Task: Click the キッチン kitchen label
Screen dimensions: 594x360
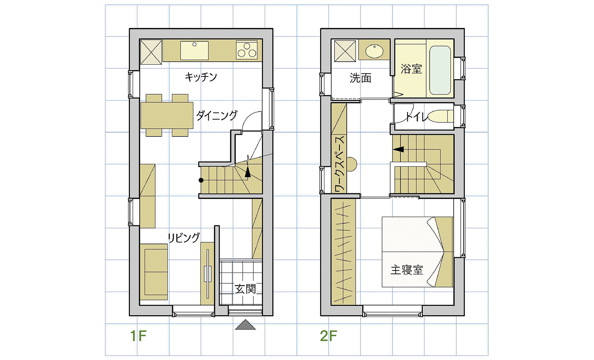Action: (201, 77)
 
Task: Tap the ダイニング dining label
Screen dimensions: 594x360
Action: (217, 115)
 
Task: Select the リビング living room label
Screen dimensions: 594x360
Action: (184, 238)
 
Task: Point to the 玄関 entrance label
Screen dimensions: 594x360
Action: (245, 289)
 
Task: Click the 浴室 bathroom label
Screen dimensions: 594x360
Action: (411, 69)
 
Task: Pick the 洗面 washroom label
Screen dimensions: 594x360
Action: (360, 78)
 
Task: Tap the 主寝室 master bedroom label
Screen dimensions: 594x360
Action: (407, 270)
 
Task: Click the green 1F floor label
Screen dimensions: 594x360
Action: (138, 336)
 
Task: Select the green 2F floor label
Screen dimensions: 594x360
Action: (328, 336)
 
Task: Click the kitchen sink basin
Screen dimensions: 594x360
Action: (195, 50)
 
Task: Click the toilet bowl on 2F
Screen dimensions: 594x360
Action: (440, 117)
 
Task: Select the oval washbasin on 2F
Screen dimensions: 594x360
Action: (374, 50)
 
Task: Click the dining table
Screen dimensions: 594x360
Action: (167, 115)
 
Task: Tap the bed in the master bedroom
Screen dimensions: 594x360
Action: (417, 252)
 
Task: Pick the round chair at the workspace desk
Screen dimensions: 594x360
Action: (351, 164)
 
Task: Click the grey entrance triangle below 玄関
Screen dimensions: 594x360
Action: (245, 325)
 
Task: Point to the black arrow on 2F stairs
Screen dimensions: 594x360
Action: (398, 150)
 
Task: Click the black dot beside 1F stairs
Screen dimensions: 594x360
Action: (201, 180)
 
